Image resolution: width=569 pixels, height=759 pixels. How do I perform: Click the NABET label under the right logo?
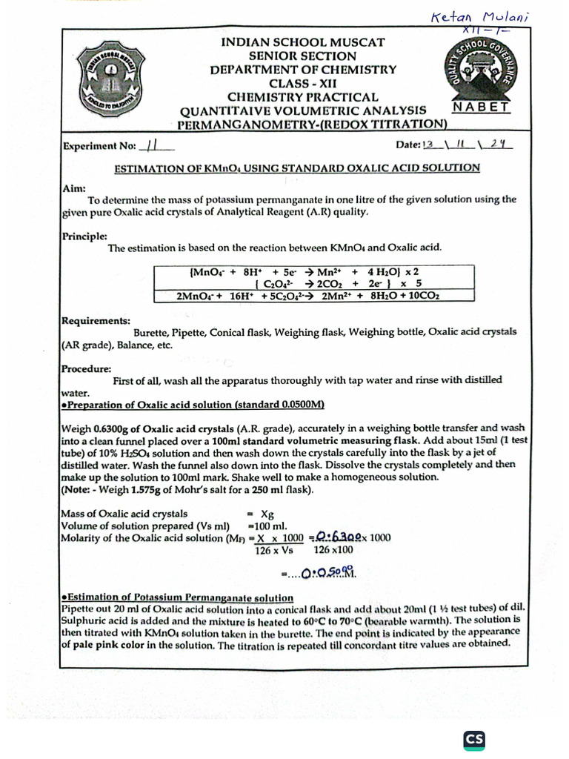481,107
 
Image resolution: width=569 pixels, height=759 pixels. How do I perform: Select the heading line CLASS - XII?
303,83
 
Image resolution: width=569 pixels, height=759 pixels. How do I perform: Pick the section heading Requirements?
95,320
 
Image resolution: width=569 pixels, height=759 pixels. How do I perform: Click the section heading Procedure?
86,368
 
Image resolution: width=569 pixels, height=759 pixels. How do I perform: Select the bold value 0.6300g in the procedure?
116,428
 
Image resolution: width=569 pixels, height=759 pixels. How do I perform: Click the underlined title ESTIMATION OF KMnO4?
296,168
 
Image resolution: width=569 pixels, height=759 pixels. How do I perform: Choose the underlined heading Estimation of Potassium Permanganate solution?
178,597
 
